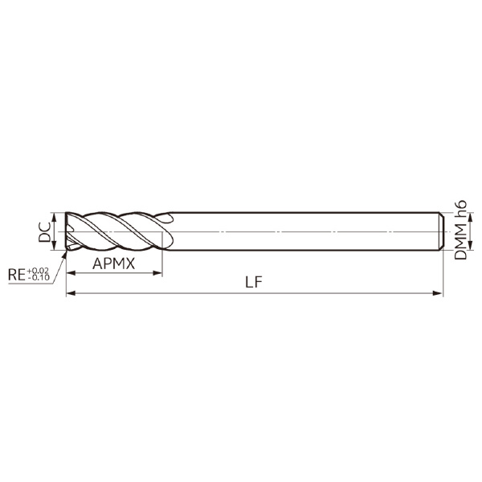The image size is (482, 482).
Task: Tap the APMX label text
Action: click(x=113, y=263)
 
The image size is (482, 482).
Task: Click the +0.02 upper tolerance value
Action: click(x=38, y=272)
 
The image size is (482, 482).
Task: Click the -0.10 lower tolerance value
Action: click(x=38, y=279)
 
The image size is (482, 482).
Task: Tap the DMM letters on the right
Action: click(x=460, y=241)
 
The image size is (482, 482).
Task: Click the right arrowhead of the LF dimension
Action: click(x=439, y=295)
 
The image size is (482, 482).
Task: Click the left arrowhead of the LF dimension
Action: click(x=69, y=295)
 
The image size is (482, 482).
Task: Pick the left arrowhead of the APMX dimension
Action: click(x=69, y=275)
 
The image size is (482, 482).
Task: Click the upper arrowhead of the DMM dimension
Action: click(x=448, y=216)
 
